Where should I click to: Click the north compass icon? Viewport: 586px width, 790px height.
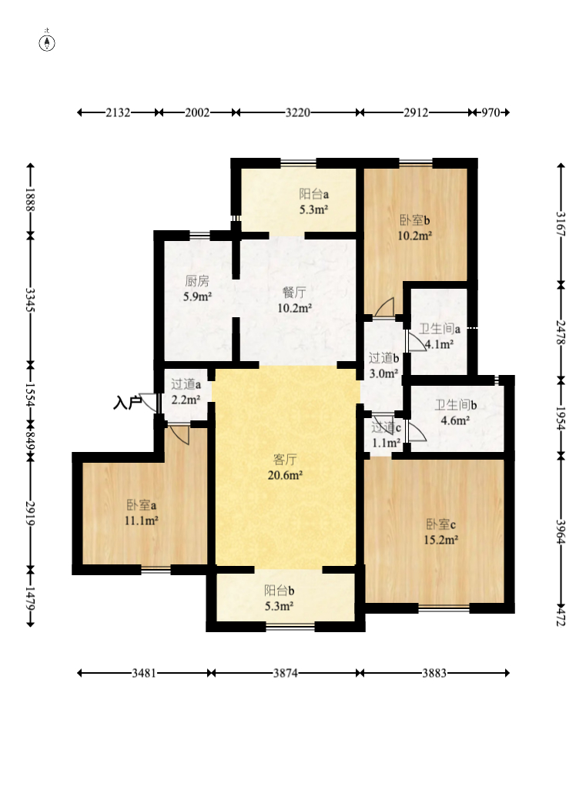pos(47,43)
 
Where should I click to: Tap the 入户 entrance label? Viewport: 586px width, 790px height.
pos(127,403)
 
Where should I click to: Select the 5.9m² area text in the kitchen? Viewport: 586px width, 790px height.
pos(198,296)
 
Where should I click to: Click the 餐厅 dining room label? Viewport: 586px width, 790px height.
pos(294,293)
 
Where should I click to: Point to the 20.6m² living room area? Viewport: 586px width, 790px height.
pos(285,474)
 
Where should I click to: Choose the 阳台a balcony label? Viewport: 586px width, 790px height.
pos(314,194)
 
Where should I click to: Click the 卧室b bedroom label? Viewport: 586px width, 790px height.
pos(415,220)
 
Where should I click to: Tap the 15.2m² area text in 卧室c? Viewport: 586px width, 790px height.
pos(441,540)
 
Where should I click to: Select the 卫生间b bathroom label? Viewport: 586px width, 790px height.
pos(456,404)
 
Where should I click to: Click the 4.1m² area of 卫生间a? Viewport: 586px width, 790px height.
pos(439,345)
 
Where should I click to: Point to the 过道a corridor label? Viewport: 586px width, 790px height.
pos(186,384)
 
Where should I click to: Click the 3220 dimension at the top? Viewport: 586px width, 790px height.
pos(298,112)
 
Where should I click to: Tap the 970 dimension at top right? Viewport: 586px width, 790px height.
pos(491,112)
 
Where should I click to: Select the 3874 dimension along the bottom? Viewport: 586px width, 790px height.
pos(286,673)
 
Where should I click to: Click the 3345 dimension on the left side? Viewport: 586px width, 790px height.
pos(31,300)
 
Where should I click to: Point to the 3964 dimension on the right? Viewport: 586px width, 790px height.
pos(561,531)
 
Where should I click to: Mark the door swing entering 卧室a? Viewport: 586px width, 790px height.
pos(179,435)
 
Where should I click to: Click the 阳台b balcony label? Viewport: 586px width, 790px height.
pos(280,591)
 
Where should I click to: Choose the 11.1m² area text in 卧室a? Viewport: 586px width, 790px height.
pos(142,520)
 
